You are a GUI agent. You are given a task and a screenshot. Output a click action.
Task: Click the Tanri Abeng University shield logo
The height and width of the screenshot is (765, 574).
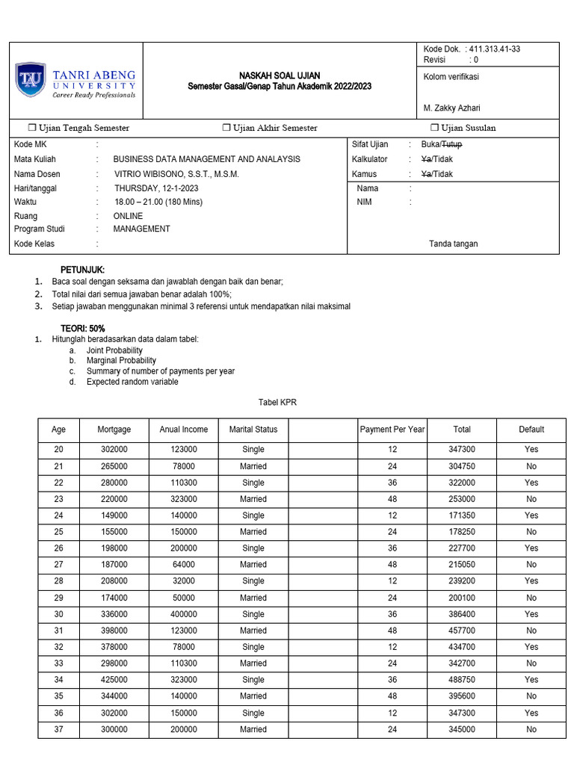point(31,79)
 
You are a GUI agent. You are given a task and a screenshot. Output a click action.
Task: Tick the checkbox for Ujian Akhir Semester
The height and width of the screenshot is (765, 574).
point(226,128)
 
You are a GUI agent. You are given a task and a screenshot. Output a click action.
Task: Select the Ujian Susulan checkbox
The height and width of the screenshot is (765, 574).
point(434,128)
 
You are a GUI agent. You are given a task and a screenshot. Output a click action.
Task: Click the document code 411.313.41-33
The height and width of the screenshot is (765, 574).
point(495,49)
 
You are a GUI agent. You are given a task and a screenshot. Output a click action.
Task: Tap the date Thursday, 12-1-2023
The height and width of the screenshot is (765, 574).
point(156,188)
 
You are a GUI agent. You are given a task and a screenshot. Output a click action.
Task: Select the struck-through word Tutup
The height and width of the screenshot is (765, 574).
point(452,144)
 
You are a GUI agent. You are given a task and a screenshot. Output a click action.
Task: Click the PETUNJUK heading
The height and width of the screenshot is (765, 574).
point(82,269)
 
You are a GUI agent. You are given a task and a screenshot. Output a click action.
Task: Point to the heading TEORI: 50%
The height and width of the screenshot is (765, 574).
point(82,328)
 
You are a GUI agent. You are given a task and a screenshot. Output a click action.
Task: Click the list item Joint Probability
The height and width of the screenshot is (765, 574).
point(114,350)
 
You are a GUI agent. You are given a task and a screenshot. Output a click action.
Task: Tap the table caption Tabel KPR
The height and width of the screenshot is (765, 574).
point(277,403)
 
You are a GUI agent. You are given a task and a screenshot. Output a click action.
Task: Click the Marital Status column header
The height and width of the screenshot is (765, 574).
point(253,430)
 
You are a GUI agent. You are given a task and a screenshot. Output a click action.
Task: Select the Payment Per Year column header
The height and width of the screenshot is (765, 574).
point(392,430)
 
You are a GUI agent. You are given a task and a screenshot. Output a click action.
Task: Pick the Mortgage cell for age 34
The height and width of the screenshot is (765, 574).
point(114,680)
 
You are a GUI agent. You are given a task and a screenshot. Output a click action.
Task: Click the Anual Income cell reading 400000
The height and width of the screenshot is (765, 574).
point(184,614)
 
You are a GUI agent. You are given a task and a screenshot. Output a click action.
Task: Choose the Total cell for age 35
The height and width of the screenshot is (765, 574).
point(462,696)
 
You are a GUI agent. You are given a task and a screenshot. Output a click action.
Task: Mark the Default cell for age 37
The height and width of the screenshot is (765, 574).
point(531,729)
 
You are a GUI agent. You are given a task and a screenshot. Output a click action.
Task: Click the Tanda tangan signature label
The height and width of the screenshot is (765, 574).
point(453,244)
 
